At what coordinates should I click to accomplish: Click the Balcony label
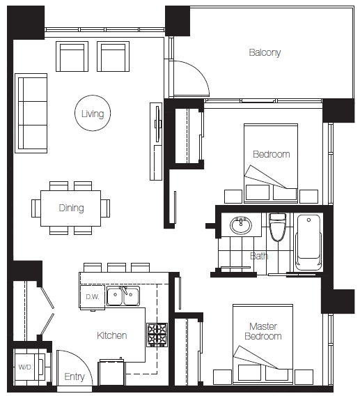pos(265,52)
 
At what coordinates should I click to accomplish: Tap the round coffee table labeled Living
pos(93,113)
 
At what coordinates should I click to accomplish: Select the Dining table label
pos(71,208)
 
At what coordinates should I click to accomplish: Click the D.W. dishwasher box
pos(93,297)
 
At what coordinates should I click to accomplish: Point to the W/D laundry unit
pos(29,367)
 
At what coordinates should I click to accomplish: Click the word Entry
pos(75,376)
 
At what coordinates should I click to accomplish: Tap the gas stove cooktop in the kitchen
pos(157,335)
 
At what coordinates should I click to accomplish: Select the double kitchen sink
pos(123,296)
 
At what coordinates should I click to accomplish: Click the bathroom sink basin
pos(241,224)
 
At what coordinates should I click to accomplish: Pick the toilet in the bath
pos(278,227)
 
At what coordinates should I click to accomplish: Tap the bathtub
pos(308,242)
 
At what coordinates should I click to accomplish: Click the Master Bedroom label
pos(263,331)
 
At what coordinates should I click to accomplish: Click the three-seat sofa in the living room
pos(31,113)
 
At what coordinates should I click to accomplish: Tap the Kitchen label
pos(111,335)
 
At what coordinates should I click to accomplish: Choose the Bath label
pos(259,256)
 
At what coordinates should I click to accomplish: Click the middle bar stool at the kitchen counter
pos(116,268)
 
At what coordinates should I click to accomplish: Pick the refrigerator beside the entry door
pos(111,373)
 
